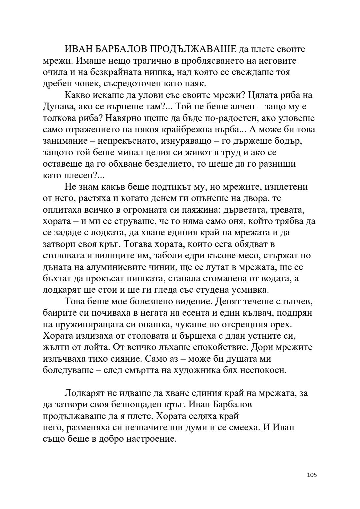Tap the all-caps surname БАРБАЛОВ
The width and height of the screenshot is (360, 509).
(x=119, y=49)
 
